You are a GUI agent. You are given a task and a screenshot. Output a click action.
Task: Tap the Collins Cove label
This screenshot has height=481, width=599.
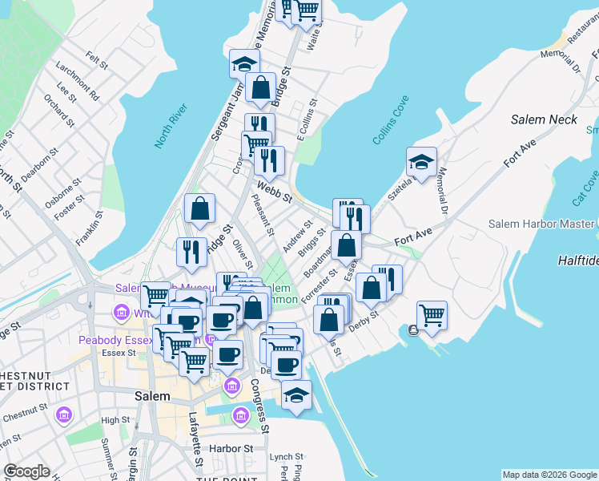391,120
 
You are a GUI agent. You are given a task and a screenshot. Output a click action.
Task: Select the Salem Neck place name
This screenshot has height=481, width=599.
544,119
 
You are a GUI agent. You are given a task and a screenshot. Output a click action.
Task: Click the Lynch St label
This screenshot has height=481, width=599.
281,456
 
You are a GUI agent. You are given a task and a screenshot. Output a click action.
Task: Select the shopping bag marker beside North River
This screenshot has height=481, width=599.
199,209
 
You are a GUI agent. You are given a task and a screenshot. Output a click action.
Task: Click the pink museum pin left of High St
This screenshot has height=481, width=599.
64,416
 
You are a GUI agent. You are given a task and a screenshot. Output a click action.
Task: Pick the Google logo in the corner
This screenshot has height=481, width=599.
26,472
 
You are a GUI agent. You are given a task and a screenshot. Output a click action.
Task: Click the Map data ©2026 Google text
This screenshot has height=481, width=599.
549,475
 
